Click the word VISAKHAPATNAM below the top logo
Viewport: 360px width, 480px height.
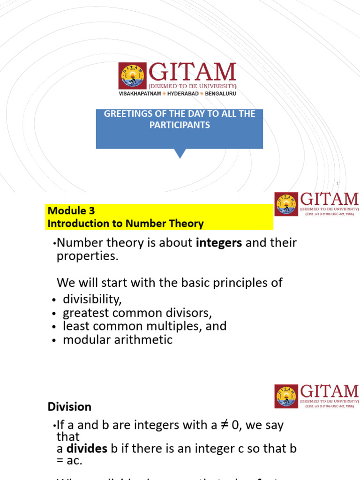coord(139,94)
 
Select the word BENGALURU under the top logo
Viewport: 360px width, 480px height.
coord(221,94)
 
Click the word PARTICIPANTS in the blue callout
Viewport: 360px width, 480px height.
coord(180,125)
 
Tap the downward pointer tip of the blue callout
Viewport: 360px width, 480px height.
coord(180,157)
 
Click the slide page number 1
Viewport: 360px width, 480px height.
coord(337,183)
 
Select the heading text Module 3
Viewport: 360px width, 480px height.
coord(71,211)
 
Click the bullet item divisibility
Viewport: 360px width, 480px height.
coord(95,300)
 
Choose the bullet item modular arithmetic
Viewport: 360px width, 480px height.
coord(118,340)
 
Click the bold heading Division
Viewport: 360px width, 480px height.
coord(69,407)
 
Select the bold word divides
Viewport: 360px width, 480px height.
coord(87,449)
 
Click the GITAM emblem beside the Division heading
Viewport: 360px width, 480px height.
coord(286,397)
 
